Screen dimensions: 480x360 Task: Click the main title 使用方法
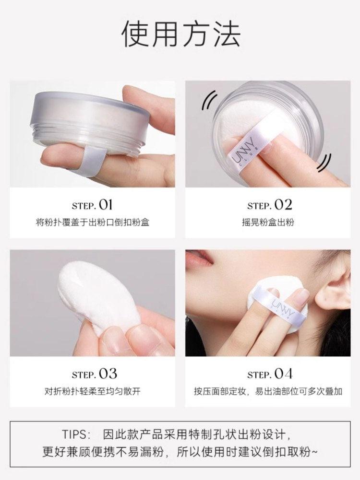point(180,35)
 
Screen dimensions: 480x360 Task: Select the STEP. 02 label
point(269,205)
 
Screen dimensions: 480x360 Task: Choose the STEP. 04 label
point(269,374)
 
